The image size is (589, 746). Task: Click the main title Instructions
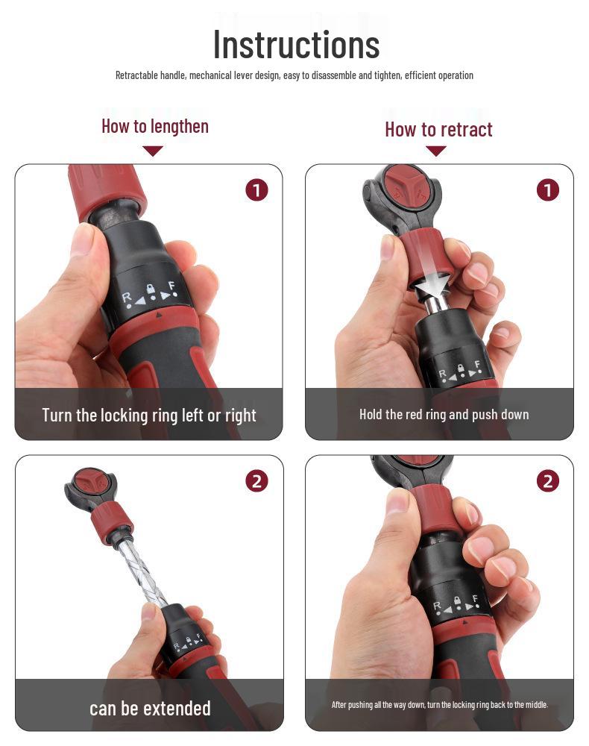pos(296,45)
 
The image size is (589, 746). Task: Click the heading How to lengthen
pos(155,127)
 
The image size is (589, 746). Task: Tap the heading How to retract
pos(438,129)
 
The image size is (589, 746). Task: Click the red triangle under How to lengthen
pos(153,151)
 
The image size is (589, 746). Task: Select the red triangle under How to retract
pos(436,151)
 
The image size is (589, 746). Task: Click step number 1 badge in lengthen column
pos(256,190)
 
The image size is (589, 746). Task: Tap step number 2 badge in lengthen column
pos(256,481)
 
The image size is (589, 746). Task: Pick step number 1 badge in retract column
pos(548,190)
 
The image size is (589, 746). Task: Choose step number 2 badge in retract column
pos(548,481)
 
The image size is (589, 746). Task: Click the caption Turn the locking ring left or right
pos(149,416)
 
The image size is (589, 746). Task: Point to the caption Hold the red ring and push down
pos(444,414)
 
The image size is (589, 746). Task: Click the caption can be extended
pos(150,709)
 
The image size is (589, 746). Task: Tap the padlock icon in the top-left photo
pos(151,289)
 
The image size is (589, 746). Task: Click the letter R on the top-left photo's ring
pos(126,298)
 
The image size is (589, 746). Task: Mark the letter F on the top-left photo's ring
pos(172,286)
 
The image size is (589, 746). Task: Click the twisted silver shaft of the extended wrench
pos(141,570)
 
